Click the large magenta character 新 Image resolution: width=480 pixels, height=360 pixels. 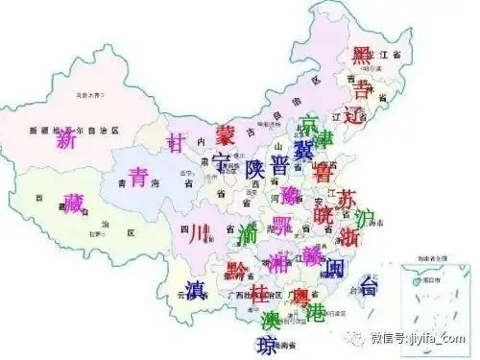tap(66, 140)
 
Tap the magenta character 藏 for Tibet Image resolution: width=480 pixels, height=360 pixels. tap(73, 203)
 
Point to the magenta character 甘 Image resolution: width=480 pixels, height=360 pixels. tap(176, 141)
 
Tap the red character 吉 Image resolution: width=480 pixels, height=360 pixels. tap(361, 89)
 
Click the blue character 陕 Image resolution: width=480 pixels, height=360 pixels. tap(254, 166)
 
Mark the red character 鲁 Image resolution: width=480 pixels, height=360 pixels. tap(324, 174)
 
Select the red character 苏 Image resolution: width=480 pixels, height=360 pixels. tap(348, 199)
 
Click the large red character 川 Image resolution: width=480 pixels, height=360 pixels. tap(195, 232)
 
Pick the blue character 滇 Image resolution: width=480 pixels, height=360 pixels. tap(195, 289)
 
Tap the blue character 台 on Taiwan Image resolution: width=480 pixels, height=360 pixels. tap(370, 285)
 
